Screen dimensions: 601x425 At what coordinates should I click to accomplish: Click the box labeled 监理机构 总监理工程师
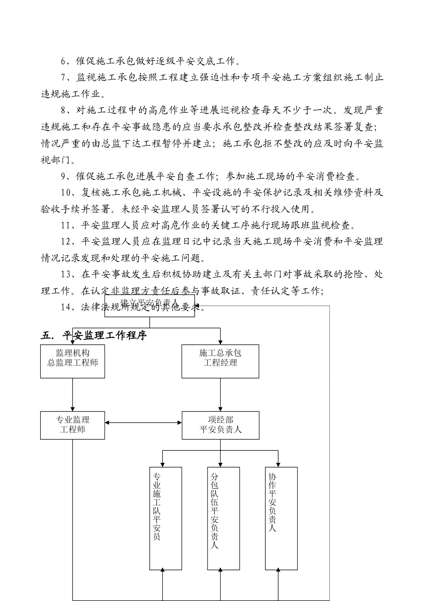pyautogui.click(x=72, y=361)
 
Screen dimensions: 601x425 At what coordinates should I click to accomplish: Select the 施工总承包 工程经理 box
pyautogui.click(x=220, y=361)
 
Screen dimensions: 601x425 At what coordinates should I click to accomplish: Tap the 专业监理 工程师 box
pyautogui.click(x=72, y=425)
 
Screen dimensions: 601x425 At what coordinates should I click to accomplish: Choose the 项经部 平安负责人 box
pyautogui.click(x=220, y=425)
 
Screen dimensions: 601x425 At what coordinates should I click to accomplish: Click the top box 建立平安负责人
pyautogui.click(x=149, y=305)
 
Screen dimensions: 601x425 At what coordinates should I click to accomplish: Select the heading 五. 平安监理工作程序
pyautogui.click(x=93, y=335)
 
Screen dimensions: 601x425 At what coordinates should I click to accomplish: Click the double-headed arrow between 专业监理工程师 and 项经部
pyautogui.click(x=143, y=423)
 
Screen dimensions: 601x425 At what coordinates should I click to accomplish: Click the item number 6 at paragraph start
pyautogui.click(x=64, y=61)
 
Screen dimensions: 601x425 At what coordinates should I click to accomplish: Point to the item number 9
pyautogui.click(x=64, y=177)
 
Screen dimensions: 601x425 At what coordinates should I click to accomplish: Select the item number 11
pyautogui.click(x=66, y=226)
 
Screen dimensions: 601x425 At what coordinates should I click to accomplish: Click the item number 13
pyautogui.click(x=66, y=275)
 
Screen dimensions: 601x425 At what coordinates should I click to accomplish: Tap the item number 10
pyautogui.click(x=66, y=193)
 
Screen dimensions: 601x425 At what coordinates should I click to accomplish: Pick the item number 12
pyautogui.click(x=66, y=242)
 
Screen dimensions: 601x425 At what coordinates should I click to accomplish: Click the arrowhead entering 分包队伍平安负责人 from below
pyautogui.click(x=221, y=571)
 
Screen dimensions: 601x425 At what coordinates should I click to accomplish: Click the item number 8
pyautogui.click(x=64, y=110)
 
